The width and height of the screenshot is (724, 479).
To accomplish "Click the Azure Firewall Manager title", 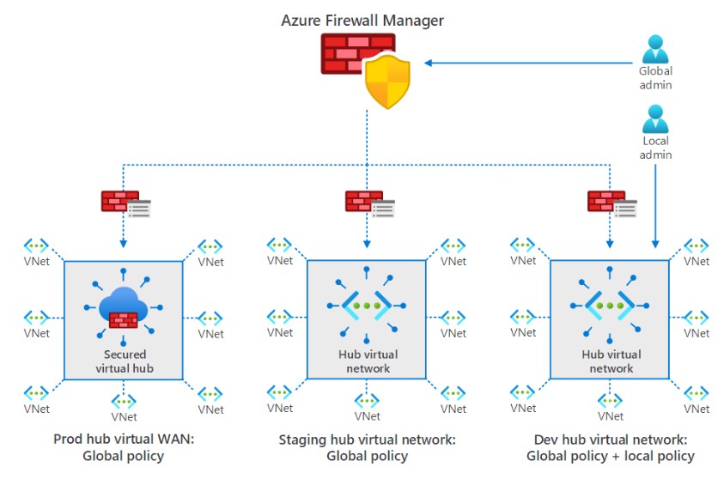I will pyautogui.click(x=362, y=18).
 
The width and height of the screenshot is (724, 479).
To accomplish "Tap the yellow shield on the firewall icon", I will pyautogui.click(x=387, y=82).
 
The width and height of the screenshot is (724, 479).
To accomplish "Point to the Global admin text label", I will pyautogui.click(x=655, y=78).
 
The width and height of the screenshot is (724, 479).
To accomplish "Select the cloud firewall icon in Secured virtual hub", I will pyautogui.click(x=124, y=309).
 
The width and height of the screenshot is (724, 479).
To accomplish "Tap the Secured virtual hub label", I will pyautogui.click(x=125, y=361).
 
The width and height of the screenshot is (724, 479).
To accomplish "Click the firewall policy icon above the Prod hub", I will pyautogui.click(x=125, y=203).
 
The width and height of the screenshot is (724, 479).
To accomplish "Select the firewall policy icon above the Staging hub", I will pyautogui.click(x=369, y=203).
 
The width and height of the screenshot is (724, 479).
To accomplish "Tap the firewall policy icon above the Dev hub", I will pyautogui.click(x=611, y=203).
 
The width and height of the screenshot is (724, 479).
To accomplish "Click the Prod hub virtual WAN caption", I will pyautogui.click(x=123, y=447).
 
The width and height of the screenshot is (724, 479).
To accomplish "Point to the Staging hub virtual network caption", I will pyautogui.click(x=367, y=447).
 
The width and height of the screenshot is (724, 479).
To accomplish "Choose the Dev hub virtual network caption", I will pyautogui.click(x=610, y=447).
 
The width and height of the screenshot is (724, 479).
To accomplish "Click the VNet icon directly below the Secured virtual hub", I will pyautogui.click(x=124, y=402).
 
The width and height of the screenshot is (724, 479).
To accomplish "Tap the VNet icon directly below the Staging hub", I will pyautogui.click(x=367, y=401).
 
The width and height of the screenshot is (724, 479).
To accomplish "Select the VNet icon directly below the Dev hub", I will pyautogui.click(x=611, y=401).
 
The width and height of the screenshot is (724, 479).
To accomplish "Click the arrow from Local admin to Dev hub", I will pyautogui.click(x=655, y=206).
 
